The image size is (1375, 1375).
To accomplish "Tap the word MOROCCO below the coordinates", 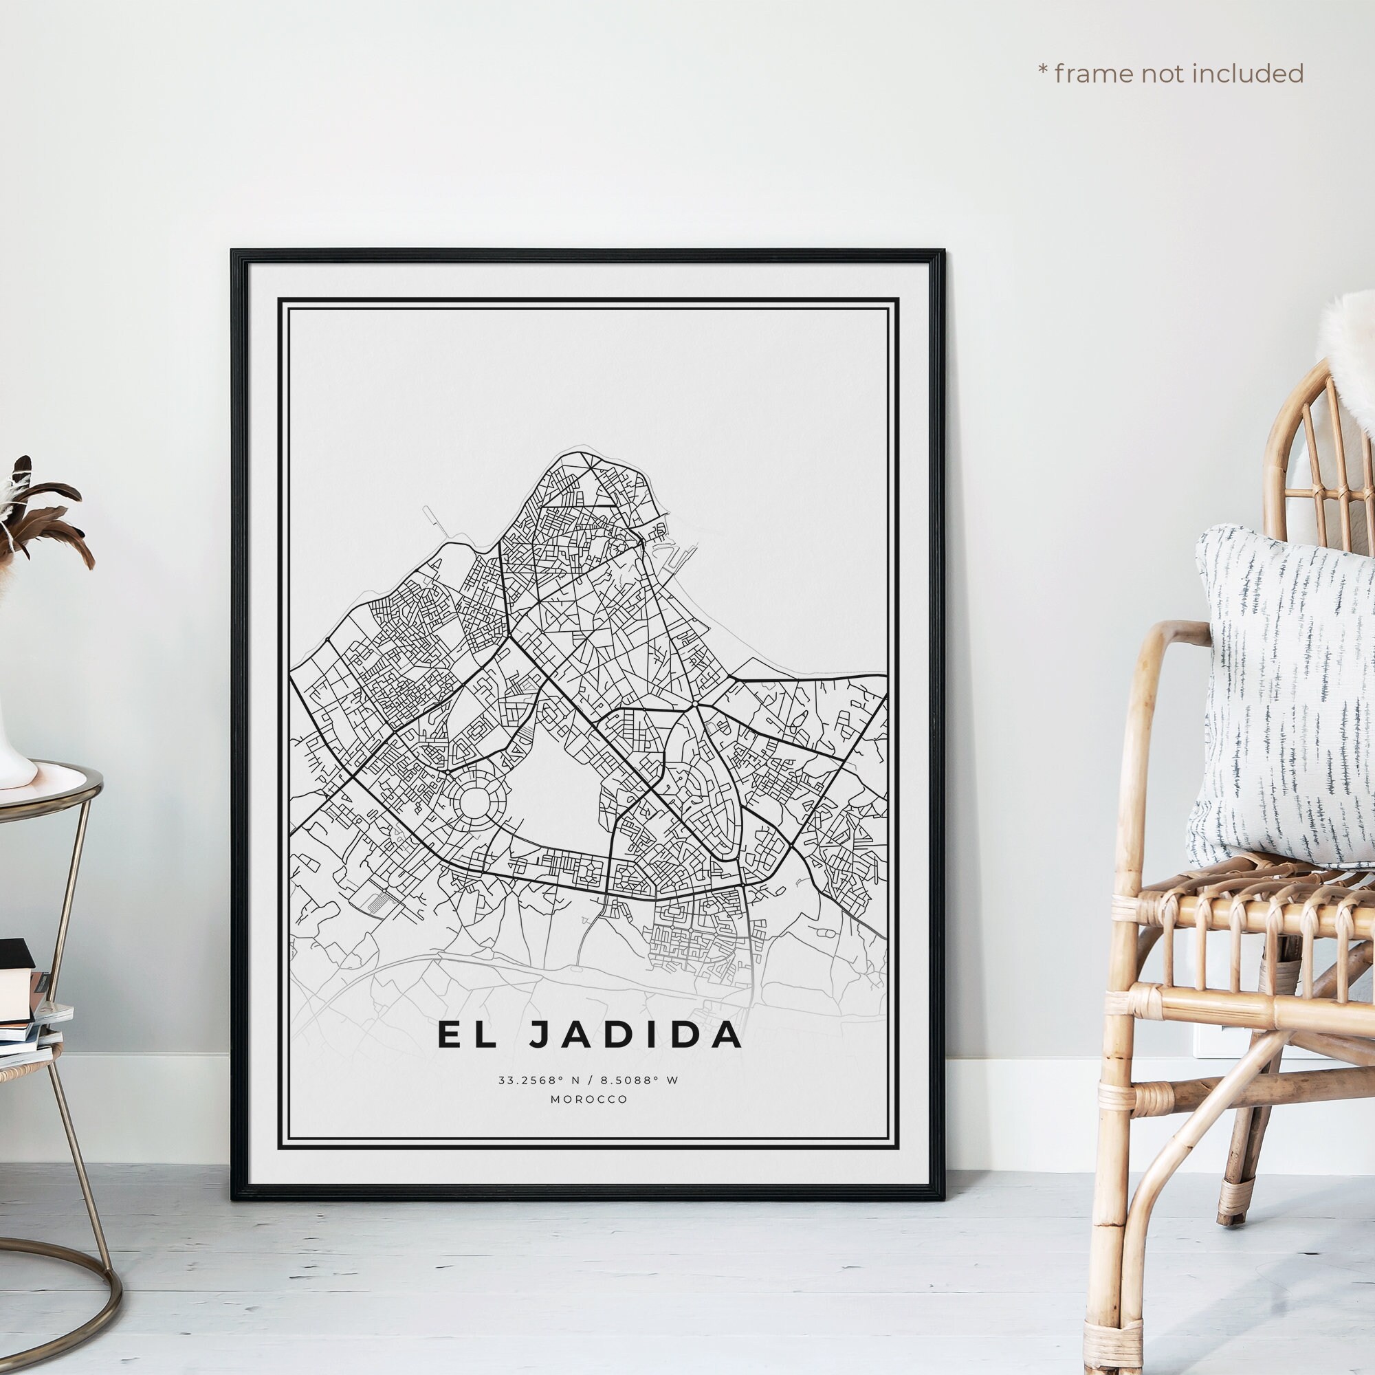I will tap(588, 1099).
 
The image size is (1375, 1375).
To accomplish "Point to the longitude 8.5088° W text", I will tap(640, 1080).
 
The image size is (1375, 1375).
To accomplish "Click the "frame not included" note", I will tap(1171, 74).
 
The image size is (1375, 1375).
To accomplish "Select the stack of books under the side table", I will tap(25, 1011).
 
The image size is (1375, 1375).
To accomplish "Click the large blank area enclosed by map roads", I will tap(555, 790).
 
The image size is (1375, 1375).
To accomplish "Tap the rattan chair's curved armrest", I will tap(1167, 641).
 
